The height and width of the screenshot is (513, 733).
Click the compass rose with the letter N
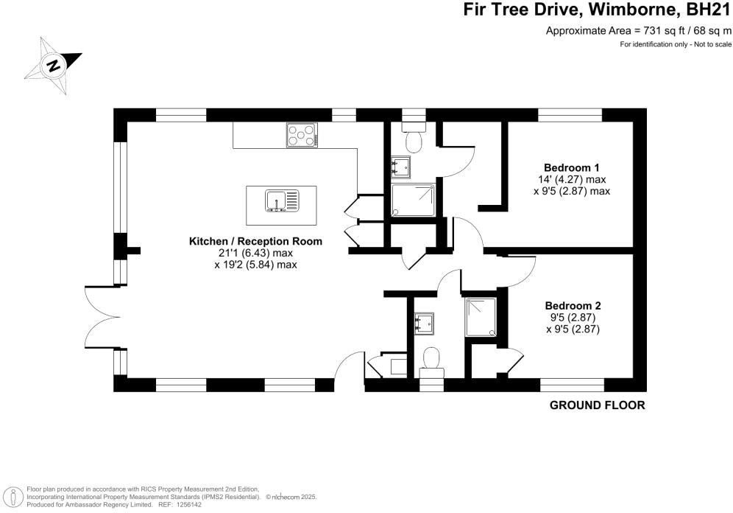54,65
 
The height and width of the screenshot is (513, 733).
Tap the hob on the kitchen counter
302,136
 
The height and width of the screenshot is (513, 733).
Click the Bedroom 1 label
572,167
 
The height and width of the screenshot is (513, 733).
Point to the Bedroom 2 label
573,306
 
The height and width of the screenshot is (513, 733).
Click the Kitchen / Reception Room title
255,242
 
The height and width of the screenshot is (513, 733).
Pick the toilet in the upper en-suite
414,136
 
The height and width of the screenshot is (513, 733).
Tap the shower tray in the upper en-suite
414,200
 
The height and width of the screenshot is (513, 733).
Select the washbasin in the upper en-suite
400,167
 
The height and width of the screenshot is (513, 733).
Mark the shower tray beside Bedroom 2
481,318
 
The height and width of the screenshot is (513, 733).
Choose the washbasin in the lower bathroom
424,324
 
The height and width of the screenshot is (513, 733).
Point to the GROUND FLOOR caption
598,405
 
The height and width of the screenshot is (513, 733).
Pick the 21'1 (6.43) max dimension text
255,254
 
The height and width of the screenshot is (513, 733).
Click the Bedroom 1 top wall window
570,115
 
